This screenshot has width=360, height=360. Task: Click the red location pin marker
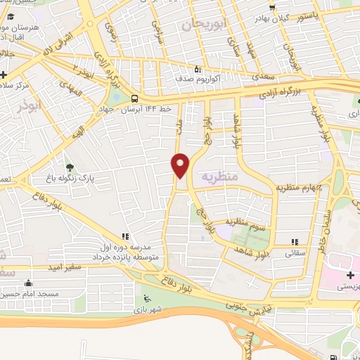pos(181,165)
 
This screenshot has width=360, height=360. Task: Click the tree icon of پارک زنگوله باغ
pos(69,167)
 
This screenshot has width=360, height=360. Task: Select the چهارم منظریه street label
pos(299,188)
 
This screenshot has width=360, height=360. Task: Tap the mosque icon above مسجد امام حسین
pos(28,283)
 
